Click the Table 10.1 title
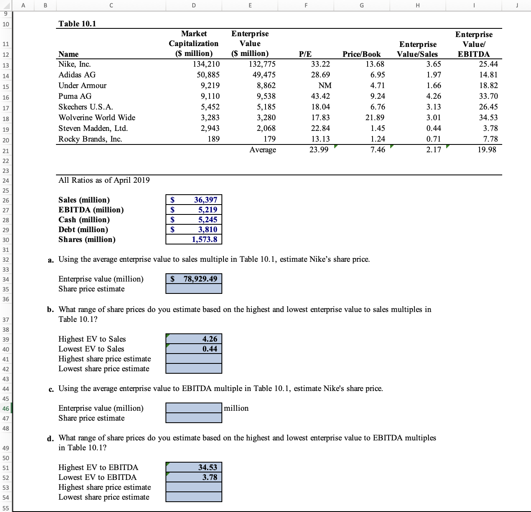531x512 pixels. (77, 23)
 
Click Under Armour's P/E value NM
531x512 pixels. (325, 85)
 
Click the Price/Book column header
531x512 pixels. (361, 54)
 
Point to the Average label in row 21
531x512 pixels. (263, 149)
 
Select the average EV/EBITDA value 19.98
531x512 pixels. (487, 149)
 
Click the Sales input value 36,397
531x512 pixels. (205, 200)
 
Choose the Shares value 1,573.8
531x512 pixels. (204, 239)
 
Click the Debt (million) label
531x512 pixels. (83, 229)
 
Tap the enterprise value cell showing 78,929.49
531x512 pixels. (200, 279)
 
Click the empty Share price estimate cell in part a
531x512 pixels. (194, 289)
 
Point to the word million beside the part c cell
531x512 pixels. (236, 408)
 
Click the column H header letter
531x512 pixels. (417, 5)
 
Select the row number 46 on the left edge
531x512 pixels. (6, 408)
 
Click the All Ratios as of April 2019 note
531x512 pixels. (104, 180)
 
